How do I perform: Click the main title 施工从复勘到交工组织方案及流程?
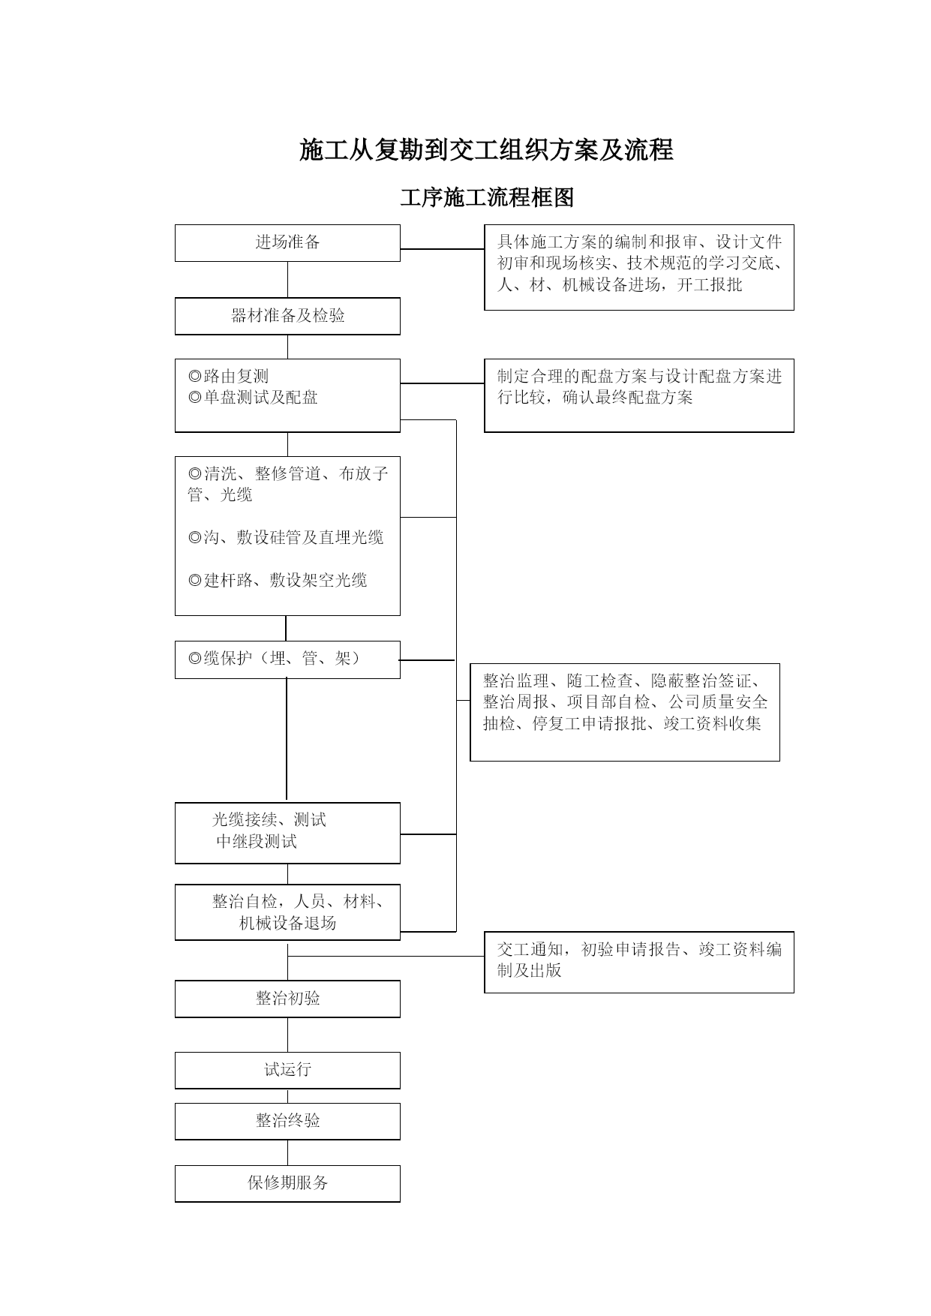point(486,150)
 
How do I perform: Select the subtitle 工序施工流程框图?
point(487,197)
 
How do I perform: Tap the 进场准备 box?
point(287,243)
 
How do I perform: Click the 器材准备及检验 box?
point(287,316)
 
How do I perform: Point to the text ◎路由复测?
point(228,376)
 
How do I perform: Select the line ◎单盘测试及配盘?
point(253,397)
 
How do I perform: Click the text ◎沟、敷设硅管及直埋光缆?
point(286,537)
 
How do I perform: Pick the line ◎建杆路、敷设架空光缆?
point(278,580)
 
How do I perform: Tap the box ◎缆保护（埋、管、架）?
point(287,660)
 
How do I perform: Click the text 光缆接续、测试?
point(269,820)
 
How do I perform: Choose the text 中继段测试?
point(257,842)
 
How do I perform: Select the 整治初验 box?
point(287,999)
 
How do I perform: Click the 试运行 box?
point(287,1070)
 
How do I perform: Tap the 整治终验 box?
point(287,1121)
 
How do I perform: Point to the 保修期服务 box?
point(287,1183)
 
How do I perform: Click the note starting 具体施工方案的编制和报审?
point(639,267)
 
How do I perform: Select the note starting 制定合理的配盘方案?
point(639,395)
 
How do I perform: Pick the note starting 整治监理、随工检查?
point(625,712)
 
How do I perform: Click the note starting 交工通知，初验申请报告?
point(639,962)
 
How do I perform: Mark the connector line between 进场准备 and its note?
point(443,248)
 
